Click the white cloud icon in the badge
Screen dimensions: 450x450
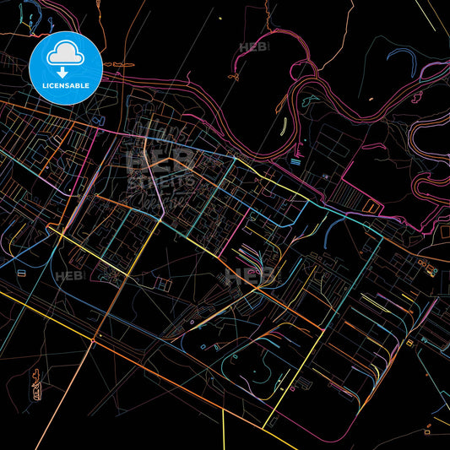click(66, 55)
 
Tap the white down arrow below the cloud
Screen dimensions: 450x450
click(66, 73)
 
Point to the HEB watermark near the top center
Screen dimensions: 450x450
click(252, 47)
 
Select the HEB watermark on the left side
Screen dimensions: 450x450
click(68, 276)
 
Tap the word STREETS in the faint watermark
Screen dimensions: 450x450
click(161, 180)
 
